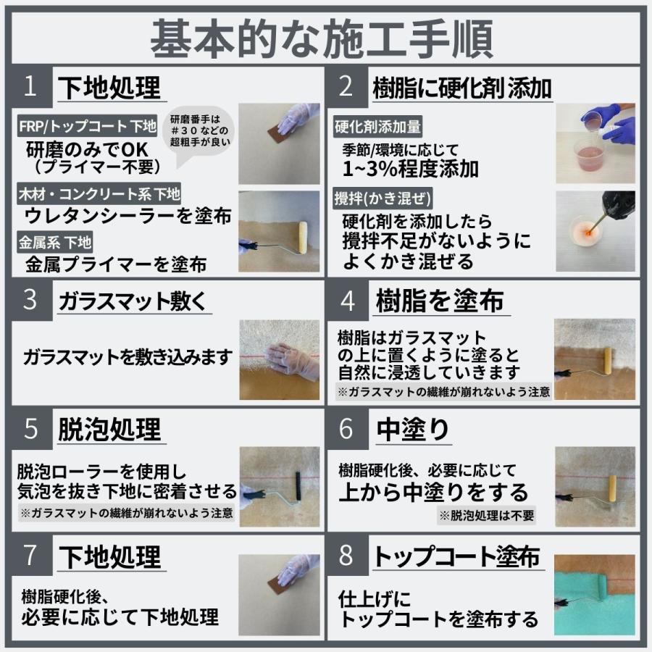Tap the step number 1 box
[30, 86]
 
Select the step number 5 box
[30, 428]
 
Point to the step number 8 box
[346, 556]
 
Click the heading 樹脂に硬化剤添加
[462, 88]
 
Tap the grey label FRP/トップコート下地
[88, 127]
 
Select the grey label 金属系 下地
[55, 243]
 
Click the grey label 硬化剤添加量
[377, 127]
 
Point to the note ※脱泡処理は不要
[487, 515]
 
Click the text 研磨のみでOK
[87, 150]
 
